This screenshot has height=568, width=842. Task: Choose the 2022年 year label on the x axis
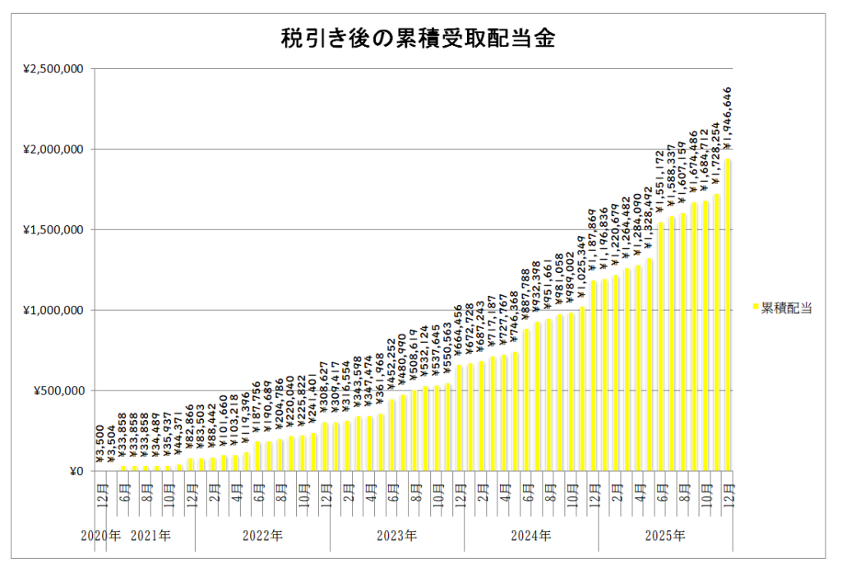pyautogui.click(x=262, y=536)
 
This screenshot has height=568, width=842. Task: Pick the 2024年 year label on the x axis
pyautogui.click(x=530, y=536)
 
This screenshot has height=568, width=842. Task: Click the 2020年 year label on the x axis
pyautogui.click(x=100, y=536)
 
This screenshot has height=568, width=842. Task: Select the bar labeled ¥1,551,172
pyautogui.click(x=661, y=346)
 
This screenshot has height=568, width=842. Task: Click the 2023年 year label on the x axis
pyautogui.click(x=396, y=536)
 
